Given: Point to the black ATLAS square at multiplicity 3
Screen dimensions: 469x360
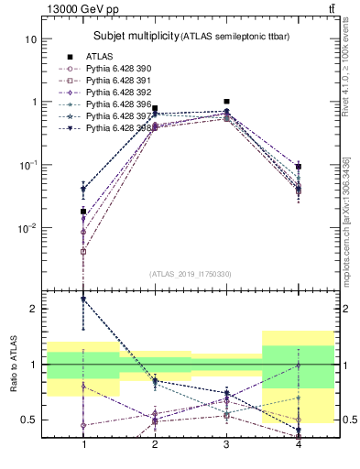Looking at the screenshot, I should [x=227, y=102].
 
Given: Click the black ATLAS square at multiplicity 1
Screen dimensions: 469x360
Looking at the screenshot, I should [x=83, y=212].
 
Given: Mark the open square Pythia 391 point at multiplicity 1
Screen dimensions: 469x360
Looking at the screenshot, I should [x=83, y=251].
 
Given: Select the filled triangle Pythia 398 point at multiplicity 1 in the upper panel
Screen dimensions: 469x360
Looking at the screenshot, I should [x=83, y=190].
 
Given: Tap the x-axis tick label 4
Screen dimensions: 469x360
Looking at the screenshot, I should [x=299, y=444].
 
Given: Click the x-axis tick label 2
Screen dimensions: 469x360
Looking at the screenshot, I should [x=155, y=444].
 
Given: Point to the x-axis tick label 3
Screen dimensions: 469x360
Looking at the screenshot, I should [x=227, y=444].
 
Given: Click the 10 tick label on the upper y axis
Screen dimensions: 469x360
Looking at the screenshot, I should [x=31, y=39].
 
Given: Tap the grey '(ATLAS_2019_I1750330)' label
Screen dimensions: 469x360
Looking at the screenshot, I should [x=191, y=274].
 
